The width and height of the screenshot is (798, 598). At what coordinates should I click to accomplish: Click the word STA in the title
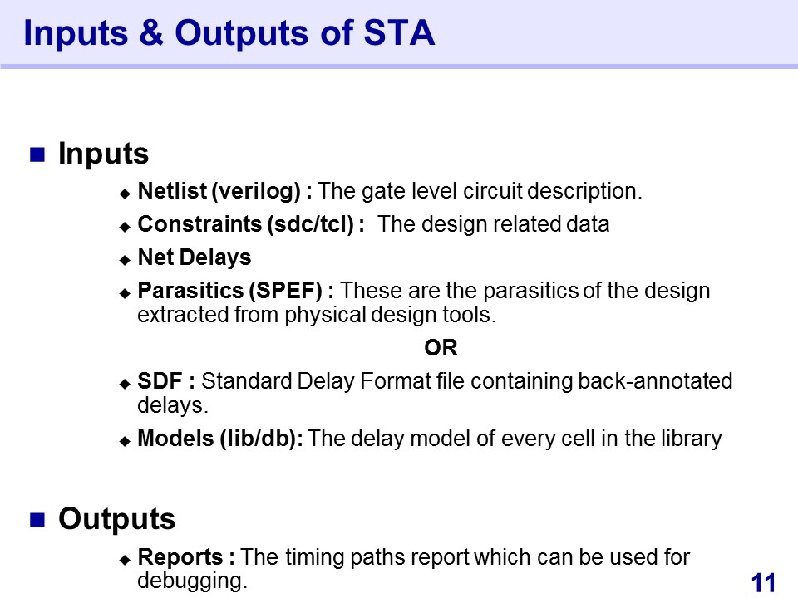[x=399, y=32]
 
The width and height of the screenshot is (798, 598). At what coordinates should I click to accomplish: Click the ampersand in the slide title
[x=151, y=32]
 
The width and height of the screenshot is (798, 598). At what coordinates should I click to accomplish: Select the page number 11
[x=763, y=583]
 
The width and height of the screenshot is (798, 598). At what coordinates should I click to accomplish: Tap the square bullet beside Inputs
[x=37, y=154]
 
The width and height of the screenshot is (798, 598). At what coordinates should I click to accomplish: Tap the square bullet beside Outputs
[x=37, y=520]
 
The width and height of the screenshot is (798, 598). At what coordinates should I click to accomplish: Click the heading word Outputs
[x=116, y=519]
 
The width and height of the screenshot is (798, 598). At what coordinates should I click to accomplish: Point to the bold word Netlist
[x=172, y=191]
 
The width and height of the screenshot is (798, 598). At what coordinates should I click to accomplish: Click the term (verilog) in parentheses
[x=256, y=192]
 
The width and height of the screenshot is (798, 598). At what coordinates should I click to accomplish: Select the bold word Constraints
[x=199, y=224]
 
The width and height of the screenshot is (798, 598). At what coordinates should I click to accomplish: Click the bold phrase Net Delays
[x=195, y=257]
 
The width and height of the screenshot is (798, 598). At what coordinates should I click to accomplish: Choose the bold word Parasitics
[x=190, y=291]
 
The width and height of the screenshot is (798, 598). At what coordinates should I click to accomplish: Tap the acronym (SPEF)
[x=285, y=291]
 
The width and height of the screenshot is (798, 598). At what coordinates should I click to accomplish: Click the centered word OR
[x=441, y=348]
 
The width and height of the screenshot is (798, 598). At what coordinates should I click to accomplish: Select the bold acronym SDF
[x=160, y=381]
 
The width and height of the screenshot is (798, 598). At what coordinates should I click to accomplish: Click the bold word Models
[x=175, y=439]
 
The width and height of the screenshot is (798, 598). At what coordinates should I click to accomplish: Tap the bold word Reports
[x=180, y=557]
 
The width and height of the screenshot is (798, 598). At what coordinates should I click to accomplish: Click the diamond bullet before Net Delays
[x=126, y=260]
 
